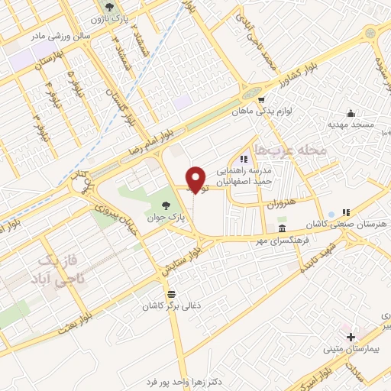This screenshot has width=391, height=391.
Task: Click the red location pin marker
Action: [195, 179]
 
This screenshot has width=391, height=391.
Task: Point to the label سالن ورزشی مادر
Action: [60, 35]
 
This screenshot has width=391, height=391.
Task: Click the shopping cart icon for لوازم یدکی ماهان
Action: [262, 100]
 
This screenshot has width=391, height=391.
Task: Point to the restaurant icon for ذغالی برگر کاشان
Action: [171, 294]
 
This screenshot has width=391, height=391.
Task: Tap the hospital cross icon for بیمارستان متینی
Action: [351, 337]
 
